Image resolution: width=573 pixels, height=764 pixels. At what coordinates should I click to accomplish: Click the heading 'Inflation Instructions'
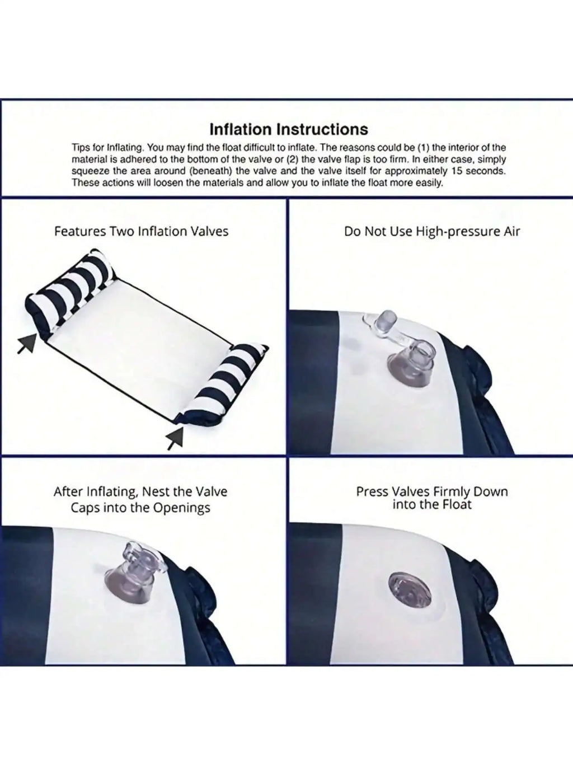288,129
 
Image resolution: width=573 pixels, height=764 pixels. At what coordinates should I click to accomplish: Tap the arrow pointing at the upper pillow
27,343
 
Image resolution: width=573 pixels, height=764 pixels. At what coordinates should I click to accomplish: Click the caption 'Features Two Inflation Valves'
141,232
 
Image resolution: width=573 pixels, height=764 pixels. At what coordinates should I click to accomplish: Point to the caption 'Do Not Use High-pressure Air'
432,232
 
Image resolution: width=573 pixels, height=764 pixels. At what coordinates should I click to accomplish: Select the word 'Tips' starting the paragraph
80,148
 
